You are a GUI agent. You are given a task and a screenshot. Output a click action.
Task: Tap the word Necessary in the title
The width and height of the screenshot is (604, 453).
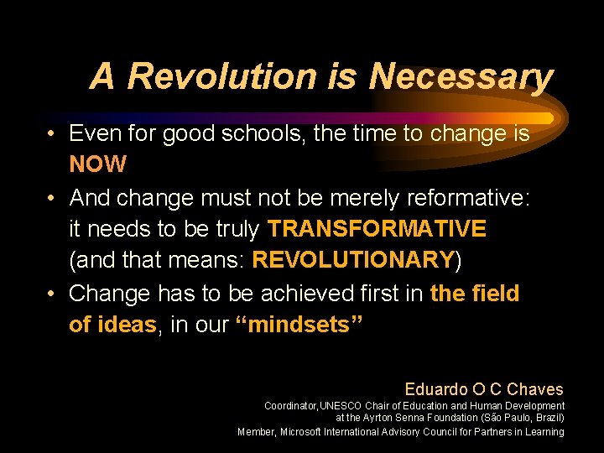461,76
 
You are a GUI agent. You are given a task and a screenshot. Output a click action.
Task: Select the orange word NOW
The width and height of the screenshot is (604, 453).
98,164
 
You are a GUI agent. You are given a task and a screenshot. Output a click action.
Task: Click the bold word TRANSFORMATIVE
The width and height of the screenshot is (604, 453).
377,229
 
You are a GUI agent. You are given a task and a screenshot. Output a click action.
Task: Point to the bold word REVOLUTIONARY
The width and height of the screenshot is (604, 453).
353,260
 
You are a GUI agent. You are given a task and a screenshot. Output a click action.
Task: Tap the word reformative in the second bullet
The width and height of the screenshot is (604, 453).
468,197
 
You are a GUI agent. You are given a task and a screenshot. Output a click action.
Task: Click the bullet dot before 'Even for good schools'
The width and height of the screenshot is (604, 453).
52,134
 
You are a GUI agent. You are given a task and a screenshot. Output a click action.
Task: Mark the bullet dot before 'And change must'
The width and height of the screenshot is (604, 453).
52,198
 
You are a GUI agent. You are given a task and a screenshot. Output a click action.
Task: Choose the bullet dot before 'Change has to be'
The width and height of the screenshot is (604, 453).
52,294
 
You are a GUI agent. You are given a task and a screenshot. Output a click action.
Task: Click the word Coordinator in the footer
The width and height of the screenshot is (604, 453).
290,406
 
